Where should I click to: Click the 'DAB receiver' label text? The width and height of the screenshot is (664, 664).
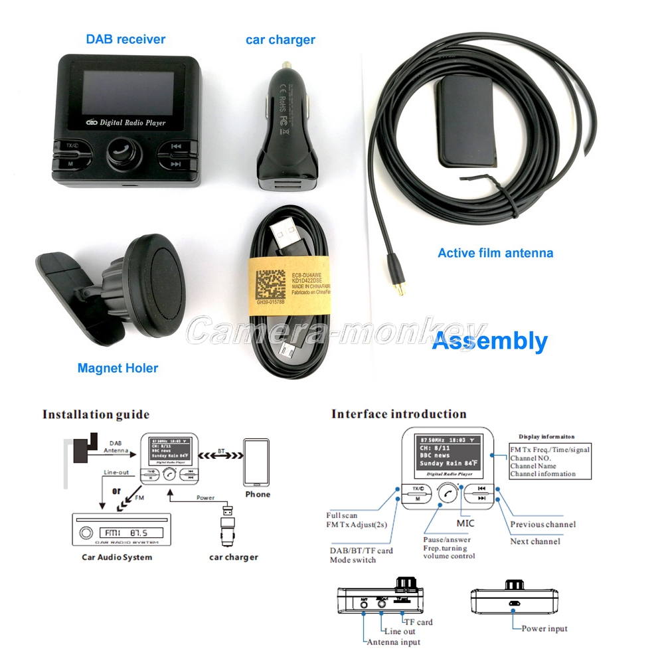pyautogui.click(x=125, y=39)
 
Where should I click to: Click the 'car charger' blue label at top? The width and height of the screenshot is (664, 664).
pyautogui.click(x=280, y=40)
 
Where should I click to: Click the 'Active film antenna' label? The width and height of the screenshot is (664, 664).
pyautogui.click(x=495, y=252)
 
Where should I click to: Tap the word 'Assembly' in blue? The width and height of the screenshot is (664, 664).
pyautogui.click(x=489, y=341)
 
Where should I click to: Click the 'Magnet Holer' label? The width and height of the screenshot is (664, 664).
pyautogui.click(x=118, y=368)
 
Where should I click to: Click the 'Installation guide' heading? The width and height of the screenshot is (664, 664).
pyautogui.click(x=96, y=415)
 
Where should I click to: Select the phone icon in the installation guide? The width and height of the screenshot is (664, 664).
pyautogui.click(x=256, y=462)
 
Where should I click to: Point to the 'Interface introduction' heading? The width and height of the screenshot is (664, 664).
pyautogui.click(x=398, y=414)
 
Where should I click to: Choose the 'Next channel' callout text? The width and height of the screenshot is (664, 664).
pyautogui.click(x=535, y=541)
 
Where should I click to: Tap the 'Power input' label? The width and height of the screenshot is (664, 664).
pyautogui.click(x=544, y=628)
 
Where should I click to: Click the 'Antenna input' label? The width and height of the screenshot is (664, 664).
pyautogui.click(x=393, y=641)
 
